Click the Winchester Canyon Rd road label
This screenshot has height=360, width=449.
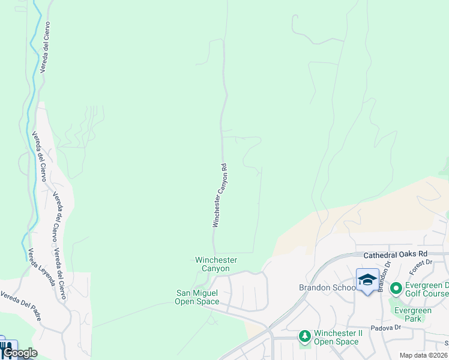tap(220, 196)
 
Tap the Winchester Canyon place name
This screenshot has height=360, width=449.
tap(216, 264)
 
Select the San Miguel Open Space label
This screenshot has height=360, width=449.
tap(196, 297)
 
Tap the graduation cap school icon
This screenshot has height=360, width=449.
tap(367, 279)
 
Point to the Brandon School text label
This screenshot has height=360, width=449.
tap(327, 287)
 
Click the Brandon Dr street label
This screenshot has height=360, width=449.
tap(384, 275)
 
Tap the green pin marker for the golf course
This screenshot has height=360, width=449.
tap(396, 289)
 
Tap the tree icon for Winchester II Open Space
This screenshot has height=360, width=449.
tap(305, 335)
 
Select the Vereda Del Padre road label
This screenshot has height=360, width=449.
tap(21, 305)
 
